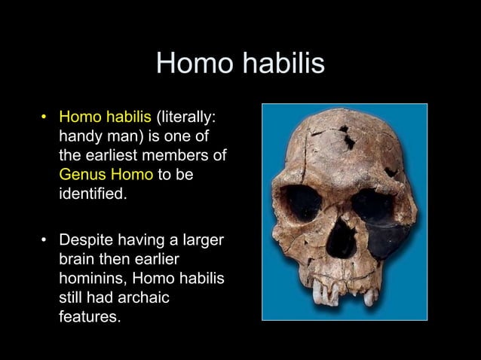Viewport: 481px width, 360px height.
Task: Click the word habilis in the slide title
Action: [x=283, y=64]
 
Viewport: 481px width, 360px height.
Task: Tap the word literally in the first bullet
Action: [x=189, y=117]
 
